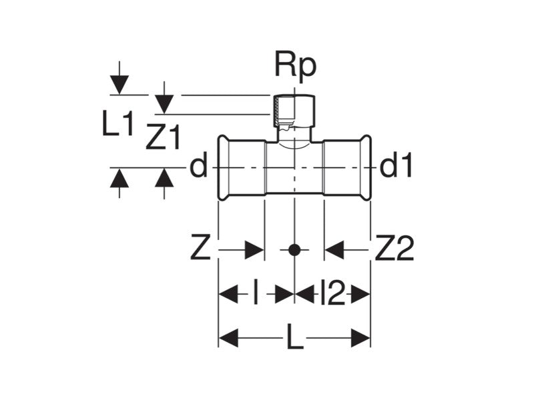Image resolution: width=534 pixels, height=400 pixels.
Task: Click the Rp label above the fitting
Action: pos(295,66)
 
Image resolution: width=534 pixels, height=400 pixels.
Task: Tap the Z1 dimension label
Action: pos(164,139)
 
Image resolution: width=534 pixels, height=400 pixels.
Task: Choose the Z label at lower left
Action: pos(201,250)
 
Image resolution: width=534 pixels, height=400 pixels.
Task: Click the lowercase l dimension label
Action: pos(256,294)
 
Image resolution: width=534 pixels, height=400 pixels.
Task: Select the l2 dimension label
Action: pos(332,294)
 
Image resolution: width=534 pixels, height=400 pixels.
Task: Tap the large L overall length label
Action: pos(294,339)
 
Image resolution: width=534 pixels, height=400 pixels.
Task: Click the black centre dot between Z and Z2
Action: pos(294,251)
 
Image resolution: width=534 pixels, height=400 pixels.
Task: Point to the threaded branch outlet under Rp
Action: pos(294,113)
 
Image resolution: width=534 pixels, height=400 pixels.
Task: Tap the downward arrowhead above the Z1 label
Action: pos(164,104)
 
